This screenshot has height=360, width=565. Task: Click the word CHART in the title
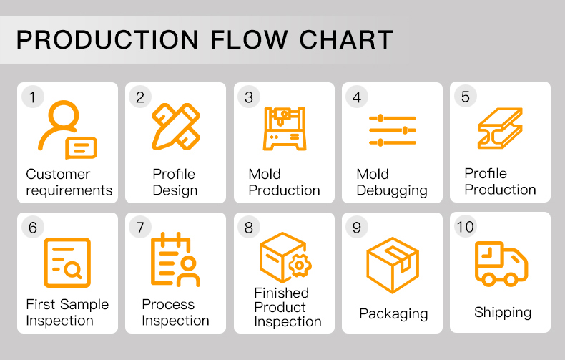346,39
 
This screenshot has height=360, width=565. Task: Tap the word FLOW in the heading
249,39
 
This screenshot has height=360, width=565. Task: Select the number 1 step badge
32,97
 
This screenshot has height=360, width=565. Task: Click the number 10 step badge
465,227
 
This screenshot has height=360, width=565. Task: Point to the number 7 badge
140,228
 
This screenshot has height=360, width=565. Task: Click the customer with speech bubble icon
67,130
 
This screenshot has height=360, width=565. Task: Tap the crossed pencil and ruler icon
176,127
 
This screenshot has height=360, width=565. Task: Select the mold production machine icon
285,128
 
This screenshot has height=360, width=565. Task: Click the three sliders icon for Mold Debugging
393,130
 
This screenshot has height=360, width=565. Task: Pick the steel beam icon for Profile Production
500,128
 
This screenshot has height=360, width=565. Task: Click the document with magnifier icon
67,263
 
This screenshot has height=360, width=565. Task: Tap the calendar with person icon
175,260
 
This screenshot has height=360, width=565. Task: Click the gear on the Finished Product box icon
300,266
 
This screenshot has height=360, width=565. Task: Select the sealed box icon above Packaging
393,265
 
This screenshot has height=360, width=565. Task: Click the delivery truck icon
501,263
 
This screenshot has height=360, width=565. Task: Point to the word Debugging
392,190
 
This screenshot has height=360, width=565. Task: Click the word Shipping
503,313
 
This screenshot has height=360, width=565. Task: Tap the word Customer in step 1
58,174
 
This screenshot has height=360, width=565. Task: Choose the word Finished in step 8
281,293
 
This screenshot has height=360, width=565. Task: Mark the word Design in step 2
175,190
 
